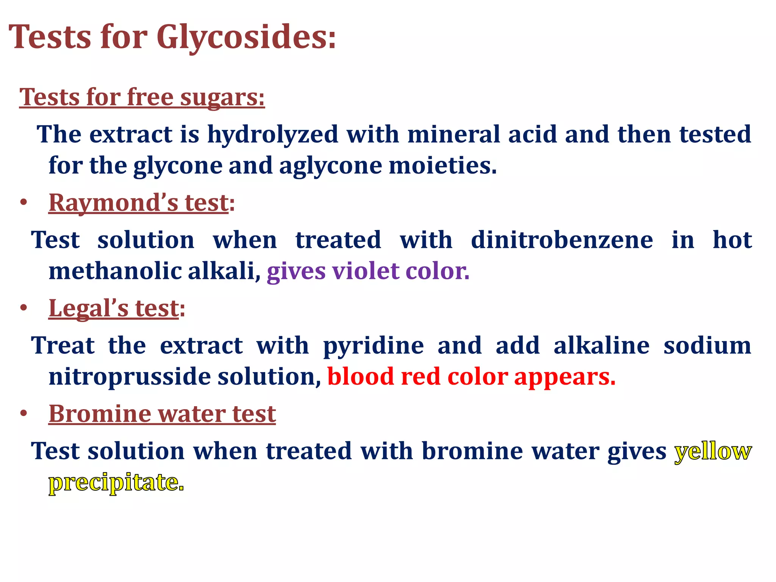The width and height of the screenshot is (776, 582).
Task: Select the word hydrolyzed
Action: [273, 135]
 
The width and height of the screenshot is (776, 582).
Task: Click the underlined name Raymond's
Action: [113, 203]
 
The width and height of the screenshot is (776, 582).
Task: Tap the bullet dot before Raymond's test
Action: [24, 203]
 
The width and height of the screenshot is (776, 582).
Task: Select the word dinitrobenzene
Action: [562, 240]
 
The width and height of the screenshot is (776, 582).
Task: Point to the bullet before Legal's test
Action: [24, 308]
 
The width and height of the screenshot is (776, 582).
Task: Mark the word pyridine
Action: [373, 346]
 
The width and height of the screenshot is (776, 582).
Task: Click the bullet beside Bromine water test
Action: [24, 414]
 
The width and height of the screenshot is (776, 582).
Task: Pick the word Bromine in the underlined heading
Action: [100, 414]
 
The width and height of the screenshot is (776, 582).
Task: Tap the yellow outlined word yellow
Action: [713, 451]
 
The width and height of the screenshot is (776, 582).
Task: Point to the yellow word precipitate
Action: [116, 482]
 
